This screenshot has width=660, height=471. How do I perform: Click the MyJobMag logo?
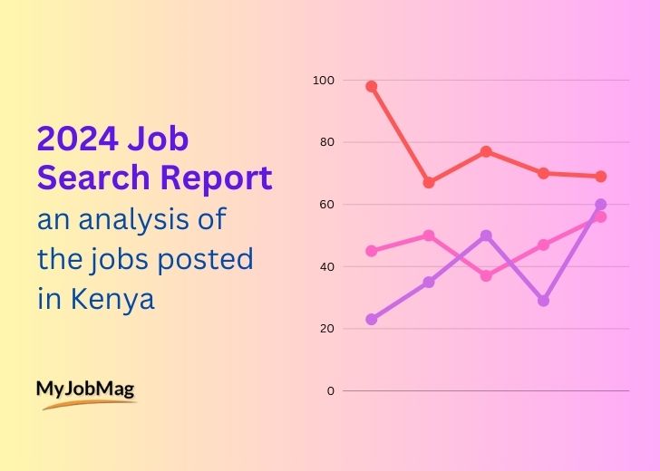[x=86, y=392]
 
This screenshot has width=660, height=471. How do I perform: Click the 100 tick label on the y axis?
[x=324, y=81]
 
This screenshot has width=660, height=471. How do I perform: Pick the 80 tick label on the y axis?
[x=326, y=142]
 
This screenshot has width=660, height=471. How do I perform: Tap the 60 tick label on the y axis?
[x=326, y=205]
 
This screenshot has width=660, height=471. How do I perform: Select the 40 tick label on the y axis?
[x=326, y=266]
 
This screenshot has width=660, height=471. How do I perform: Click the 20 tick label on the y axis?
[x=326, y=328]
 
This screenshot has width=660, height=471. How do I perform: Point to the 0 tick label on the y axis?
[x=330, y=390]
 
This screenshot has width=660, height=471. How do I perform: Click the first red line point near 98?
[x=371, y=87]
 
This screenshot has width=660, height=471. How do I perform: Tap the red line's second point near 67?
[x=429, y=182]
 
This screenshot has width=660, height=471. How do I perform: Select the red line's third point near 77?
[x=486, y=151]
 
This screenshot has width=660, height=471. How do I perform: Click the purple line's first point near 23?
[x=371, y=319]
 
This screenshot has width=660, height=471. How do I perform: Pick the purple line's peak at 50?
[x=486, y=235]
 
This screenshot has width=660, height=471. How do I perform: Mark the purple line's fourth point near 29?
[x=543, y=301]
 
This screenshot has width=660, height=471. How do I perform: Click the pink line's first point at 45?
[x=371, y=251]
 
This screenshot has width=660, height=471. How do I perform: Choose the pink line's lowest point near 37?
[x=486, y=275]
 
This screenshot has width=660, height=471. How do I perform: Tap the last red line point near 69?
[x=600, y=176]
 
